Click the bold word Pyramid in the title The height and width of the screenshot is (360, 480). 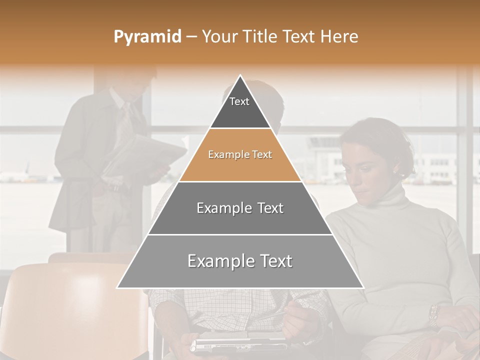147,37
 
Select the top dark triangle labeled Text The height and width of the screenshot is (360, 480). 240,107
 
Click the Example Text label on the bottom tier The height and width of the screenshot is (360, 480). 240,261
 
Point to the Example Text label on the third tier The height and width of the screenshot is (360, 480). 240,208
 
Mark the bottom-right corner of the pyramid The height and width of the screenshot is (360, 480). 363,288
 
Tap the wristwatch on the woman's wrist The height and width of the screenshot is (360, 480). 433,315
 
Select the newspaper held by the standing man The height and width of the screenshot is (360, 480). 145,155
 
